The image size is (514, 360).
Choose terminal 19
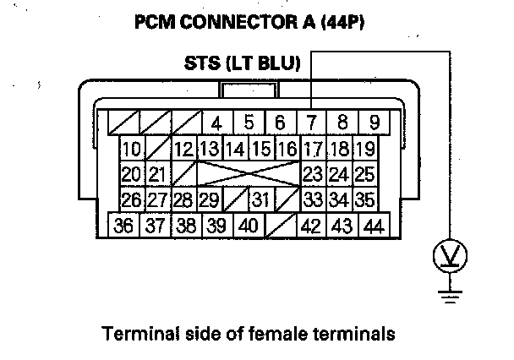(365, 150)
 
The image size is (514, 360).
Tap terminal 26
(131, 201)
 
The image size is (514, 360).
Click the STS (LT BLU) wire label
(240, 63)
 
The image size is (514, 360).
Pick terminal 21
(156, 176)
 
